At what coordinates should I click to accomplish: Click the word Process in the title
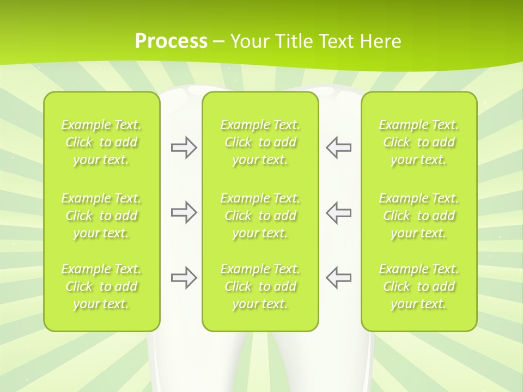171,41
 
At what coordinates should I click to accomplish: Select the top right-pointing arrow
184,148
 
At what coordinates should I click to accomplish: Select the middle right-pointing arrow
184,212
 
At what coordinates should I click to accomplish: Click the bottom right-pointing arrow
184,278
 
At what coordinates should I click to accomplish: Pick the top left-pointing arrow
338,148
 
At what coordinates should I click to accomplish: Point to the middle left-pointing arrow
338,212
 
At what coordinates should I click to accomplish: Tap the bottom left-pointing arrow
338,278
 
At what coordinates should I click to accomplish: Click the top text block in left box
101,142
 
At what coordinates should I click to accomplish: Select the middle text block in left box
101,216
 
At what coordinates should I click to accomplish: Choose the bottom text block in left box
101,286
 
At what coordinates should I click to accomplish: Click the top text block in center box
260,142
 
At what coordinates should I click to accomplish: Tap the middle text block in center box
260,216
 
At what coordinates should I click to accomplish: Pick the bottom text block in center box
260,286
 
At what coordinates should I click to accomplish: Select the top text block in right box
419,142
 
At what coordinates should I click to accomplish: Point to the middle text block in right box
419,216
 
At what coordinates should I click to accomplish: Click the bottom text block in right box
419,286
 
